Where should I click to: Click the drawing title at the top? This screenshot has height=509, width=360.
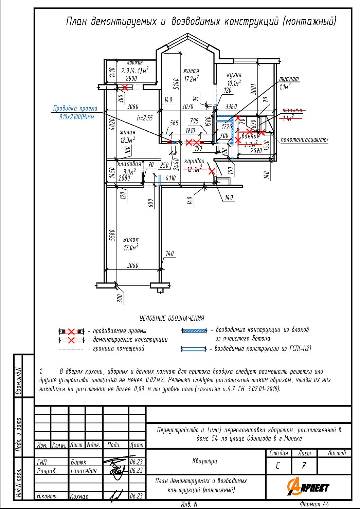click(201, 21)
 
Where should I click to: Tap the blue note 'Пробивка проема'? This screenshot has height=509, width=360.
click(75, 109)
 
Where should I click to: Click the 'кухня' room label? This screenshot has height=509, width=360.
click(234, 75)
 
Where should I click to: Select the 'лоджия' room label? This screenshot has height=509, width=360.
click(134, 62)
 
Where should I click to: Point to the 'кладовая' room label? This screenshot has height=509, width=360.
click(129, 164)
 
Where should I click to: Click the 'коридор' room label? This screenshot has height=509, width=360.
click(194, 161)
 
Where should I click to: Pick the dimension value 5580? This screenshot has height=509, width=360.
click(112, 235)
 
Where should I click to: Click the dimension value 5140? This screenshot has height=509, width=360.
click(176, 84)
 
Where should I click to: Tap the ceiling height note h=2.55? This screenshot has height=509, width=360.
click(145, 118)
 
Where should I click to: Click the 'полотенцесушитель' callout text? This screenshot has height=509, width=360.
click(304, 139)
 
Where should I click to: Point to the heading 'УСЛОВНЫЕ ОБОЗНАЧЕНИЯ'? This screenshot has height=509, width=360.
click(172, 318)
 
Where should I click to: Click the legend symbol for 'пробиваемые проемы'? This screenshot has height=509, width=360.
click(71, 331)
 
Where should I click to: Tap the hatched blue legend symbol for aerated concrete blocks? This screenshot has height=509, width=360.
click(194, 331)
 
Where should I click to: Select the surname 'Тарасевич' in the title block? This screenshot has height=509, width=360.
click(83, 471)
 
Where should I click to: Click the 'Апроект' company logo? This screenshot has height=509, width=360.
click(308, 487)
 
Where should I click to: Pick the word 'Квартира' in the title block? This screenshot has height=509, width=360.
click(204, 461)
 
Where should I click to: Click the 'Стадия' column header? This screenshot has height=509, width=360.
click(278, 453)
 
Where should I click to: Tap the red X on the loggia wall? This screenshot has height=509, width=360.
click(125, 87)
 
